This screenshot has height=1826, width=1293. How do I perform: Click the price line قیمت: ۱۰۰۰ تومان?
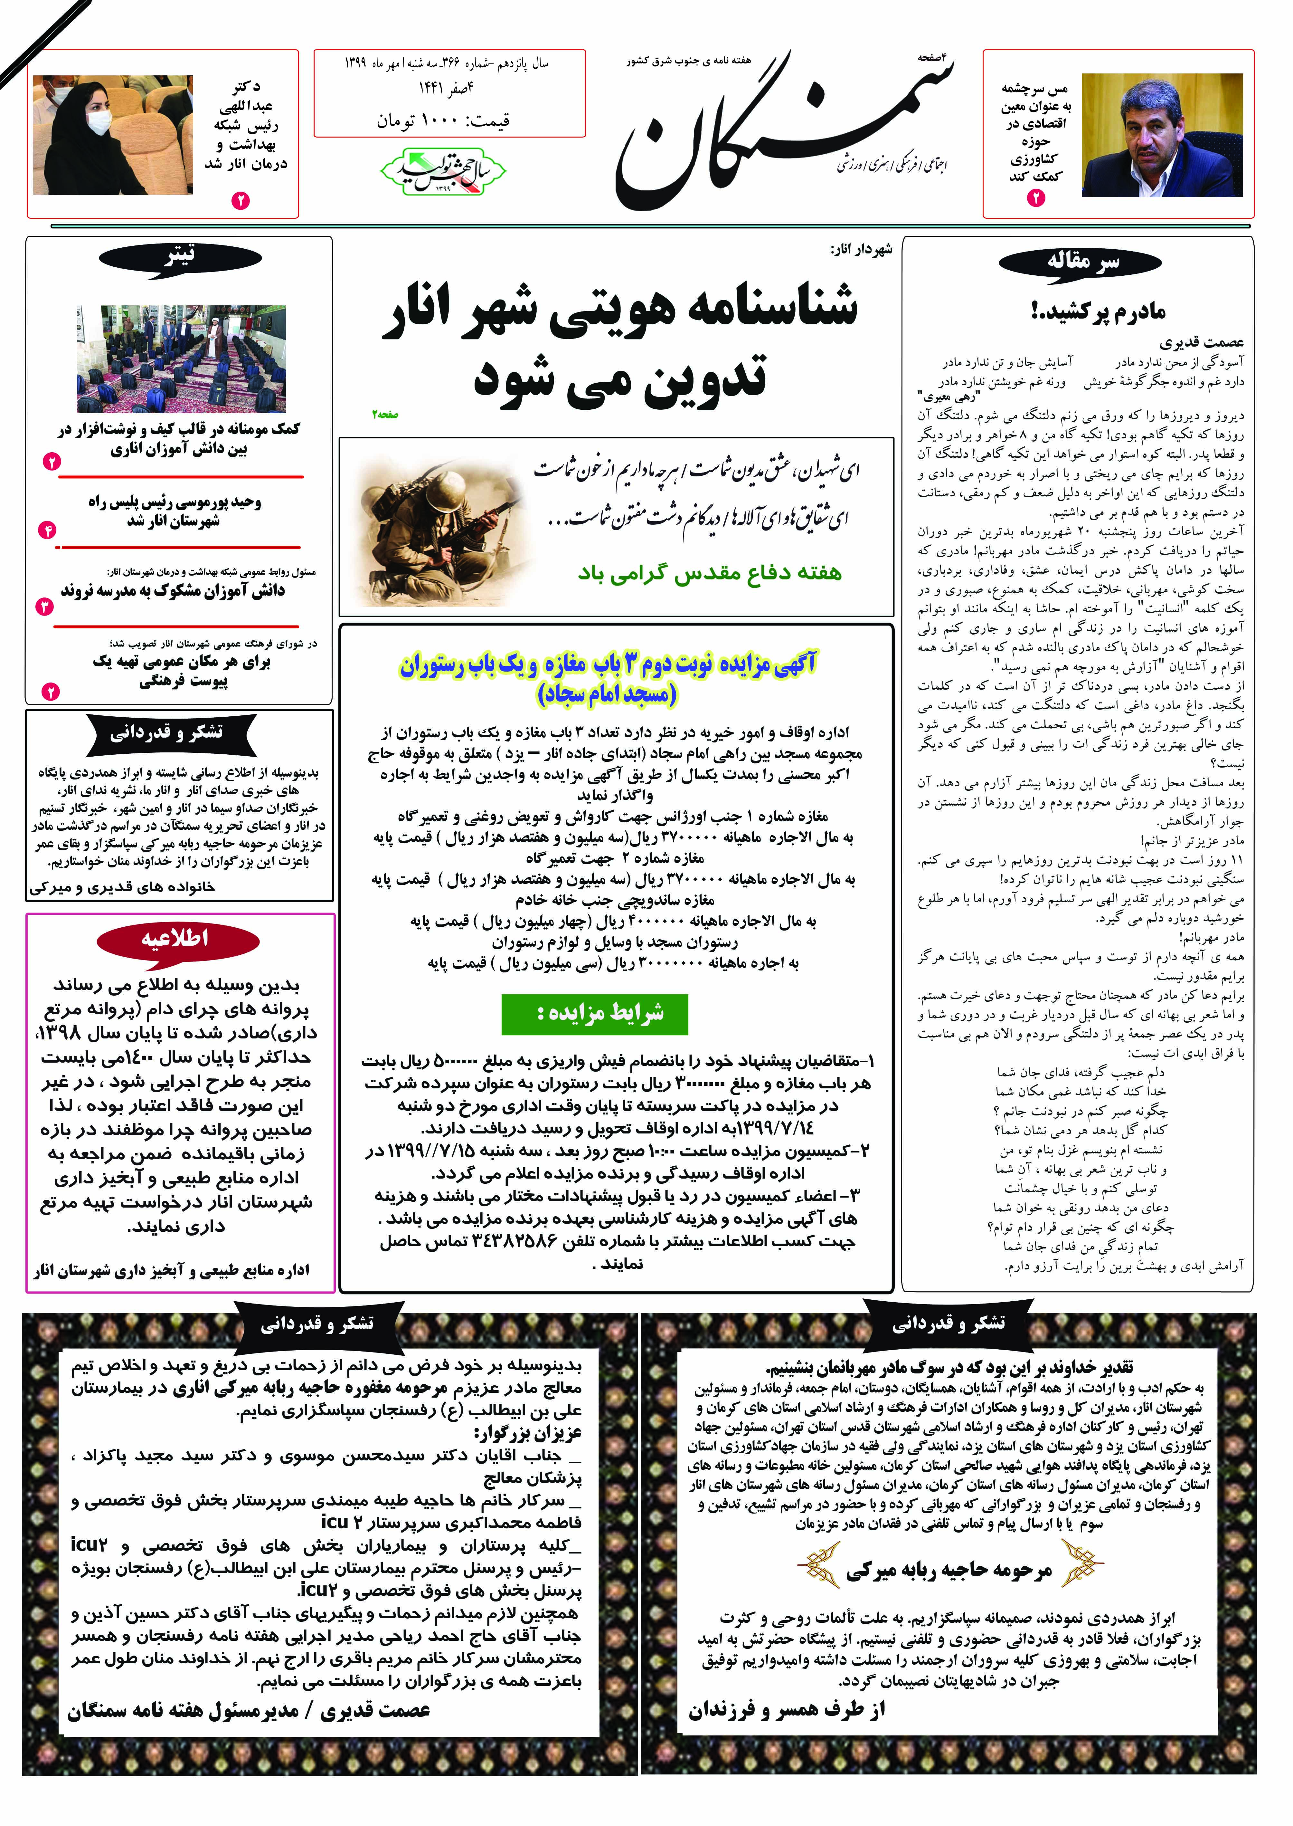point(443,121)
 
